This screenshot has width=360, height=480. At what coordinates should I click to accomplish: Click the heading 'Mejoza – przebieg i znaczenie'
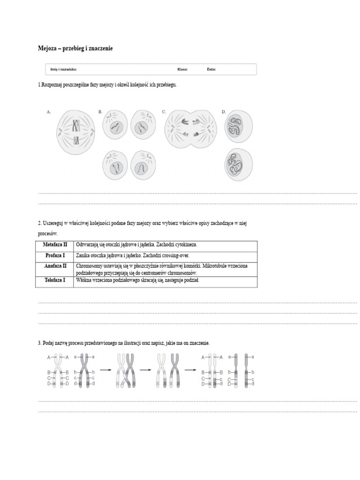75,48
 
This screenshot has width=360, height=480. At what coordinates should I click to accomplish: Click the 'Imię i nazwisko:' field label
64,69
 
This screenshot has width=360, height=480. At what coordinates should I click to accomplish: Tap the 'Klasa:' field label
182,69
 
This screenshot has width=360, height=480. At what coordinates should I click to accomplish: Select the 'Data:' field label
211,69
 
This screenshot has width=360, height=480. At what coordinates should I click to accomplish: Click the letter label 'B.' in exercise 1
100,112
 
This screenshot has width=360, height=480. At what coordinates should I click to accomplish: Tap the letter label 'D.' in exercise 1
224,112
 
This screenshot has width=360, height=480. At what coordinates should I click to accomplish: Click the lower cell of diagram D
238,164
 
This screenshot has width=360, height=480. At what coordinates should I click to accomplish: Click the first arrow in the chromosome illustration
105,370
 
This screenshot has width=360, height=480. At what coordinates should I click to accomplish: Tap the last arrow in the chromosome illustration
190,370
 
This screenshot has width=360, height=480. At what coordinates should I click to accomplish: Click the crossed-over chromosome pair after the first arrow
125,370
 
